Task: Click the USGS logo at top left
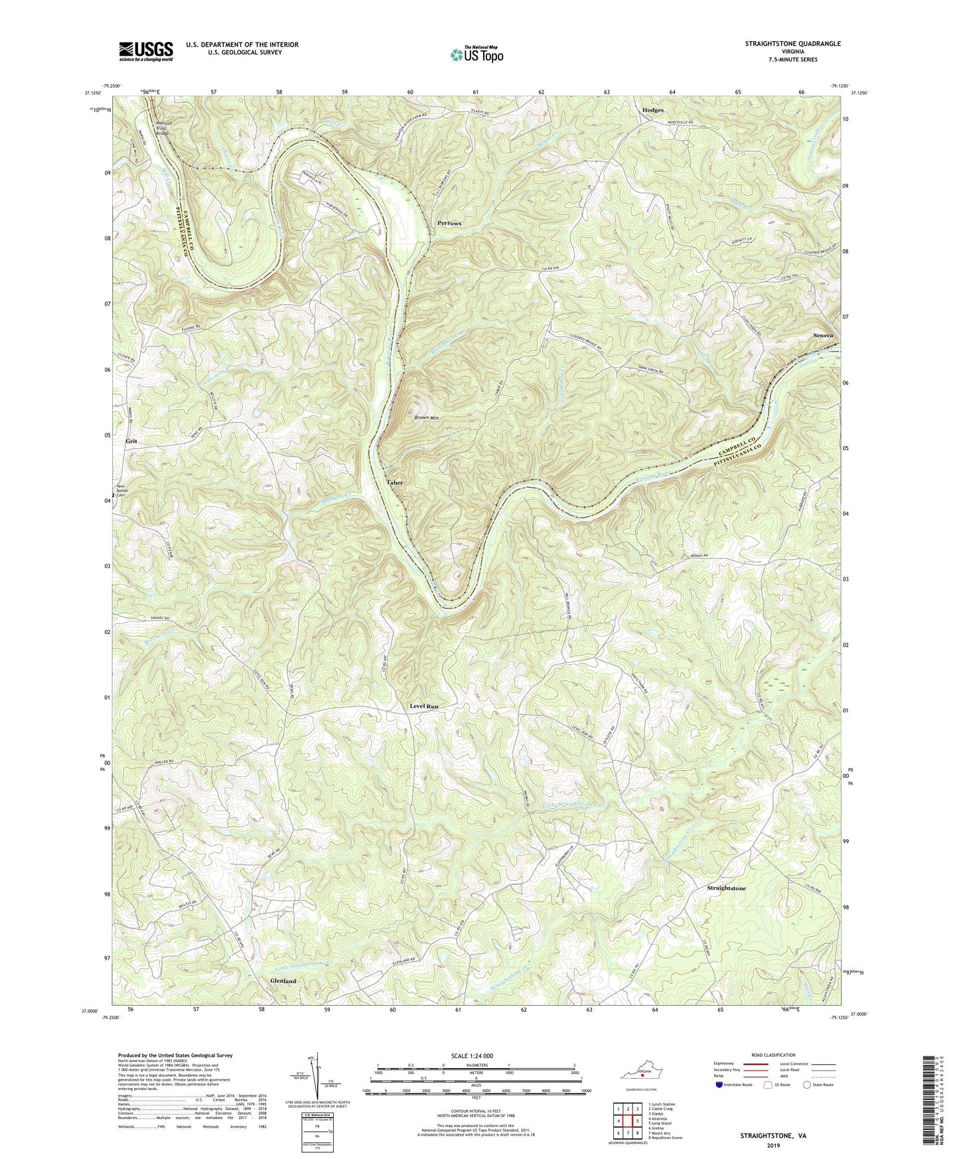point(145,51)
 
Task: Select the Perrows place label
point(449,223)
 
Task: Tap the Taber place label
point(395,483)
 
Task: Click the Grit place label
point(131,441)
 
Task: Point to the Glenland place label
point(283,980)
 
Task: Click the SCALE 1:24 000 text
point(476,1055)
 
